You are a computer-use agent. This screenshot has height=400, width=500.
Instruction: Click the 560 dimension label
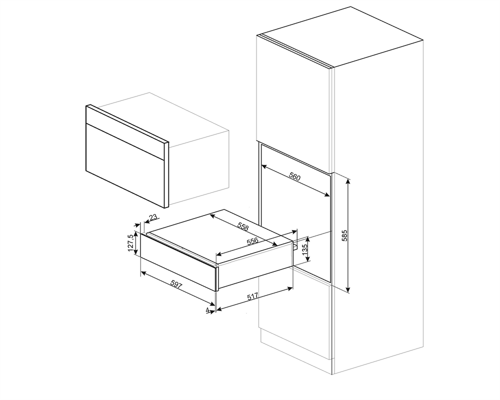[294, 176]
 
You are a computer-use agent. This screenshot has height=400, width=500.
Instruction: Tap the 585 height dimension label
[344, 235]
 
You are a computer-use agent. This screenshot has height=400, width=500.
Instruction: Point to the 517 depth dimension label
[252, 296]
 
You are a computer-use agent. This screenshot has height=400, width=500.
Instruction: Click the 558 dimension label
[243, 226]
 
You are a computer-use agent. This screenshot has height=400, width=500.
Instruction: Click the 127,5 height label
[130, 243]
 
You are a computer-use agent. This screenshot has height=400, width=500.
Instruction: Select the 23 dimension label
[153, 217]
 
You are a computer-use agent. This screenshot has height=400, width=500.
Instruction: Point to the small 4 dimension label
[207, 310]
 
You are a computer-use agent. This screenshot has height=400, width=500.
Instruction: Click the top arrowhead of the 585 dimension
[348, 181]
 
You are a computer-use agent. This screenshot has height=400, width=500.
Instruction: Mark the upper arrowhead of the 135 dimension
[307, 239]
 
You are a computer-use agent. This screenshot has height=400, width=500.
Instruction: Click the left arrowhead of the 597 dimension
[143, 272]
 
